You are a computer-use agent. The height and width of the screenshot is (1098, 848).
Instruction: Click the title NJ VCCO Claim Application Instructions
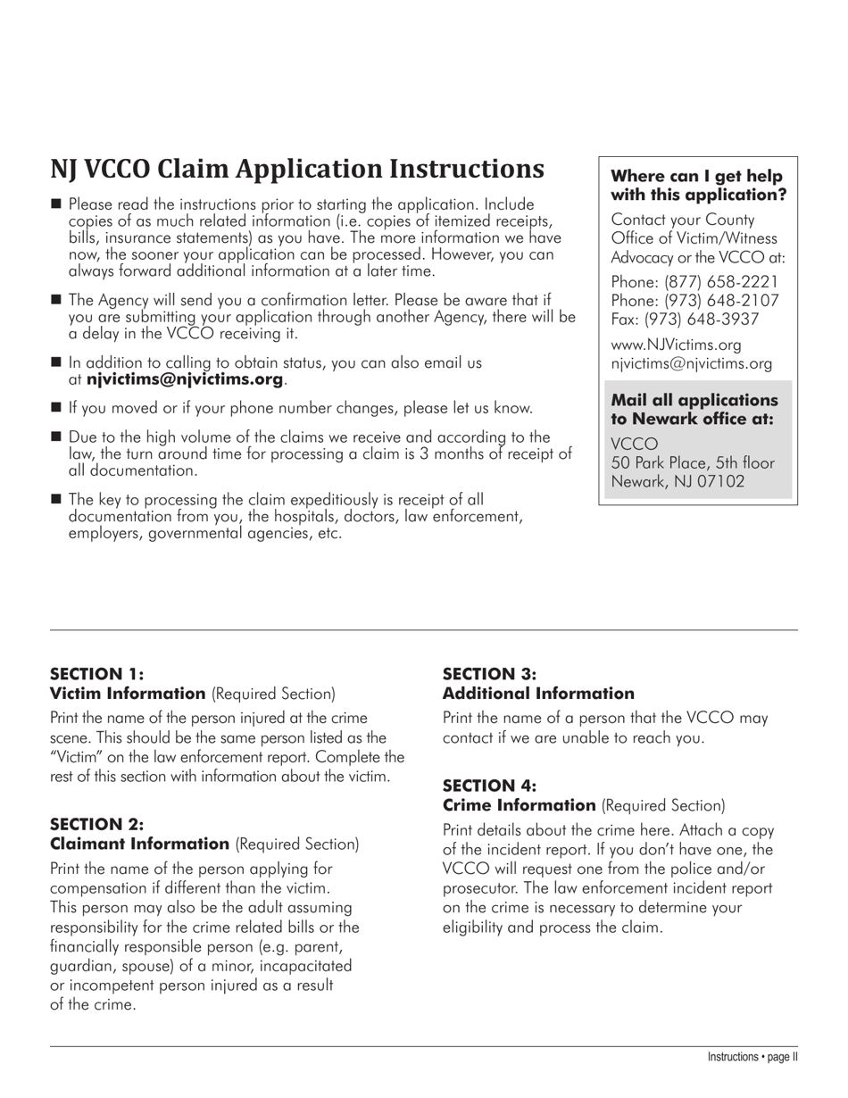click(296, 169)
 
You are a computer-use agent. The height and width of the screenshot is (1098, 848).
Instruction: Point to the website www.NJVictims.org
click(676, 345)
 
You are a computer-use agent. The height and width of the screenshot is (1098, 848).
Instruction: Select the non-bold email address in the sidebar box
click(691, 363)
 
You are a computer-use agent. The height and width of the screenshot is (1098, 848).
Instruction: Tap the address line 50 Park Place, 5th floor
click(693, 462)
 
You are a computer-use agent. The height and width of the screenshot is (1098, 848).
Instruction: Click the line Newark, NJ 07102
click(678, 482)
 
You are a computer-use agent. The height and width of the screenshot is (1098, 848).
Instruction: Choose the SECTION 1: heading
click(96, 674)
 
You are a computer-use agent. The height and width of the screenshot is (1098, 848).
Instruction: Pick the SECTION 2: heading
click(96, 824)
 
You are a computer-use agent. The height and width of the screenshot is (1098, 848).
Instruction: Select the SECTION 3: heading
click(489, 674)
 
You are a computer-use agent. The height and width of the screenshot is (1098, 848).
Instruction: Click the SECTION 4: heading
click(489, 786)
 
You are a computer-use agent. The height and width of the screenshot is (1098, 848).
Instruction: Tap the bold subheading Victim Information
click(128, 694)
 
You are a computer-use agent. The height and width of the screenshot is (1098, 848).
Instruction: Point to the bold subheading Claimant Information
click(139, 844)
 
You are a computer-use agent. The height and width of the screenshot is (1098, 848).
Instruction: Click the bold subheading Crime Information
click(519, 805)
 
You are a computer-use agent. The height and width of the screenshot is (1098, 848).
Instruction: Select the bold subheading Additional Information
click(538, 694)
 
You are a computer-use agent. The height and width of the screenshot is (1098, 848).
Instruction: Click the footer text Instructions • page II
click(752, 1057)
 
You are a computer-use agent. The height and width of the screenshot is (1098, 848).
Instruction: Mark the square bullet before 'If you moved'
click(56, 408)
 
